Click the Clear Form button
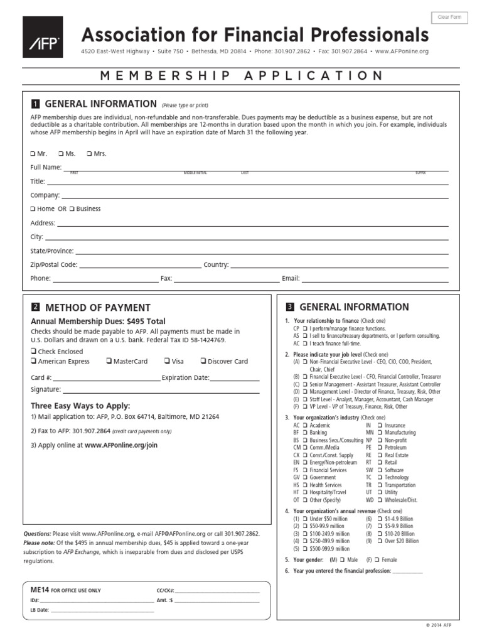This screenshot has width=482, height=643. pyautogui.click(x=450, y=18)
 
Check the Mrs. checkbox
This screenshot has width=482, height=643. pyautogui.click(x=89, y=154)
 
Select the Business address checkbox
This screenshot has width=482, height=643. pyautogui.click(x=72, y=209)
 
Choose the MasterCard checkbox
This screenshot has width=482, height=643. pyautogui.click(x=109, y=362)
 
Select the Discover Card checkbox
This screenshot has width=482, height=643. pyautogui.click(x=203, y=362)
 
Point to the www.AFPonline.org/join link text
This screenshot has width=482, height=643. pyautogui.click(x=121, y=445)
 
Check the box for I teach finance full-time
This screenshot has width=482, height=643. pyautogui.click(x=304, y=344)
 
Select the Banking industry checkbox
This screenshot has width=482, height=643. pyautogui.click(x=304, y=433)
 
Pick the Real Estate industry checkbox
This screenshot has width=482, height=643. pyautogui.click(x=380, y=455)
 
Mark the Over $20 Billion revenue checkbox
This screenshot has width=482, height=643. pyautogui.click(x=380, y=541)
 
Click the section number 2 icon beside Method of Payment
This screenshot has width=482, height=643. pyautogui.click(x=36, y=307)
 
